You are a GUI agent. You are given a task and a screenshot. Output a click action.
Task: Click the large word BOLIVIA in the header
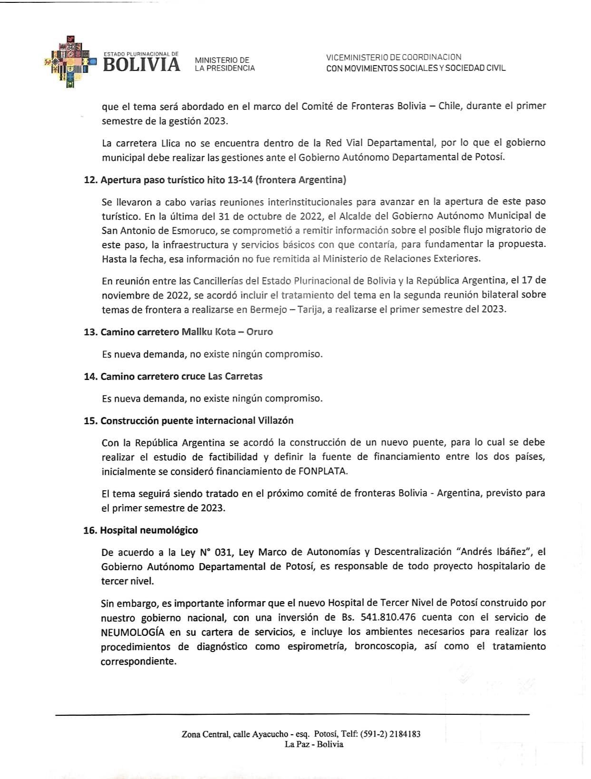[141, 65]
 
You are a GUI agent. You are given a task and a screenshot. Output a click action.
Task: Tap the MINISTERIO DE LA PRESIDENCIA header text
[224, 64]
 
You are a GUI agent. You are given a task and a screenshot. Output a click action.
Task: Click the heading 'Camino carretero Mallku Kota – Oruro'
[187, 332]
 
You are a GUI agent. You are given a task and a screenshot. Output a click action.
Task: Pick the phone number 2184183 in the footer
[405, 734]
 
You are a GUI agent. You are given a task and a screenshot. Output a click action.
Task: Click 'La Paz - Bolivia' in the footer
[314, 744]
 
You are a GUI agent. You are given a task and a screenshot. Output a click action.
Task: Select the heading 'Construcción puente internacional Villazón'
[197, 420]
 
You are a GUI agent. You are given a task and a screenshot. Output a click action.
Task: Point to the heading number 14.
[90, 376]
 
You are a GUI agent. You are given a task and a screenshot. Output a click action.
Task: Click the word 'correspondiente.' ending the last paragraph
[138, 661]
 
